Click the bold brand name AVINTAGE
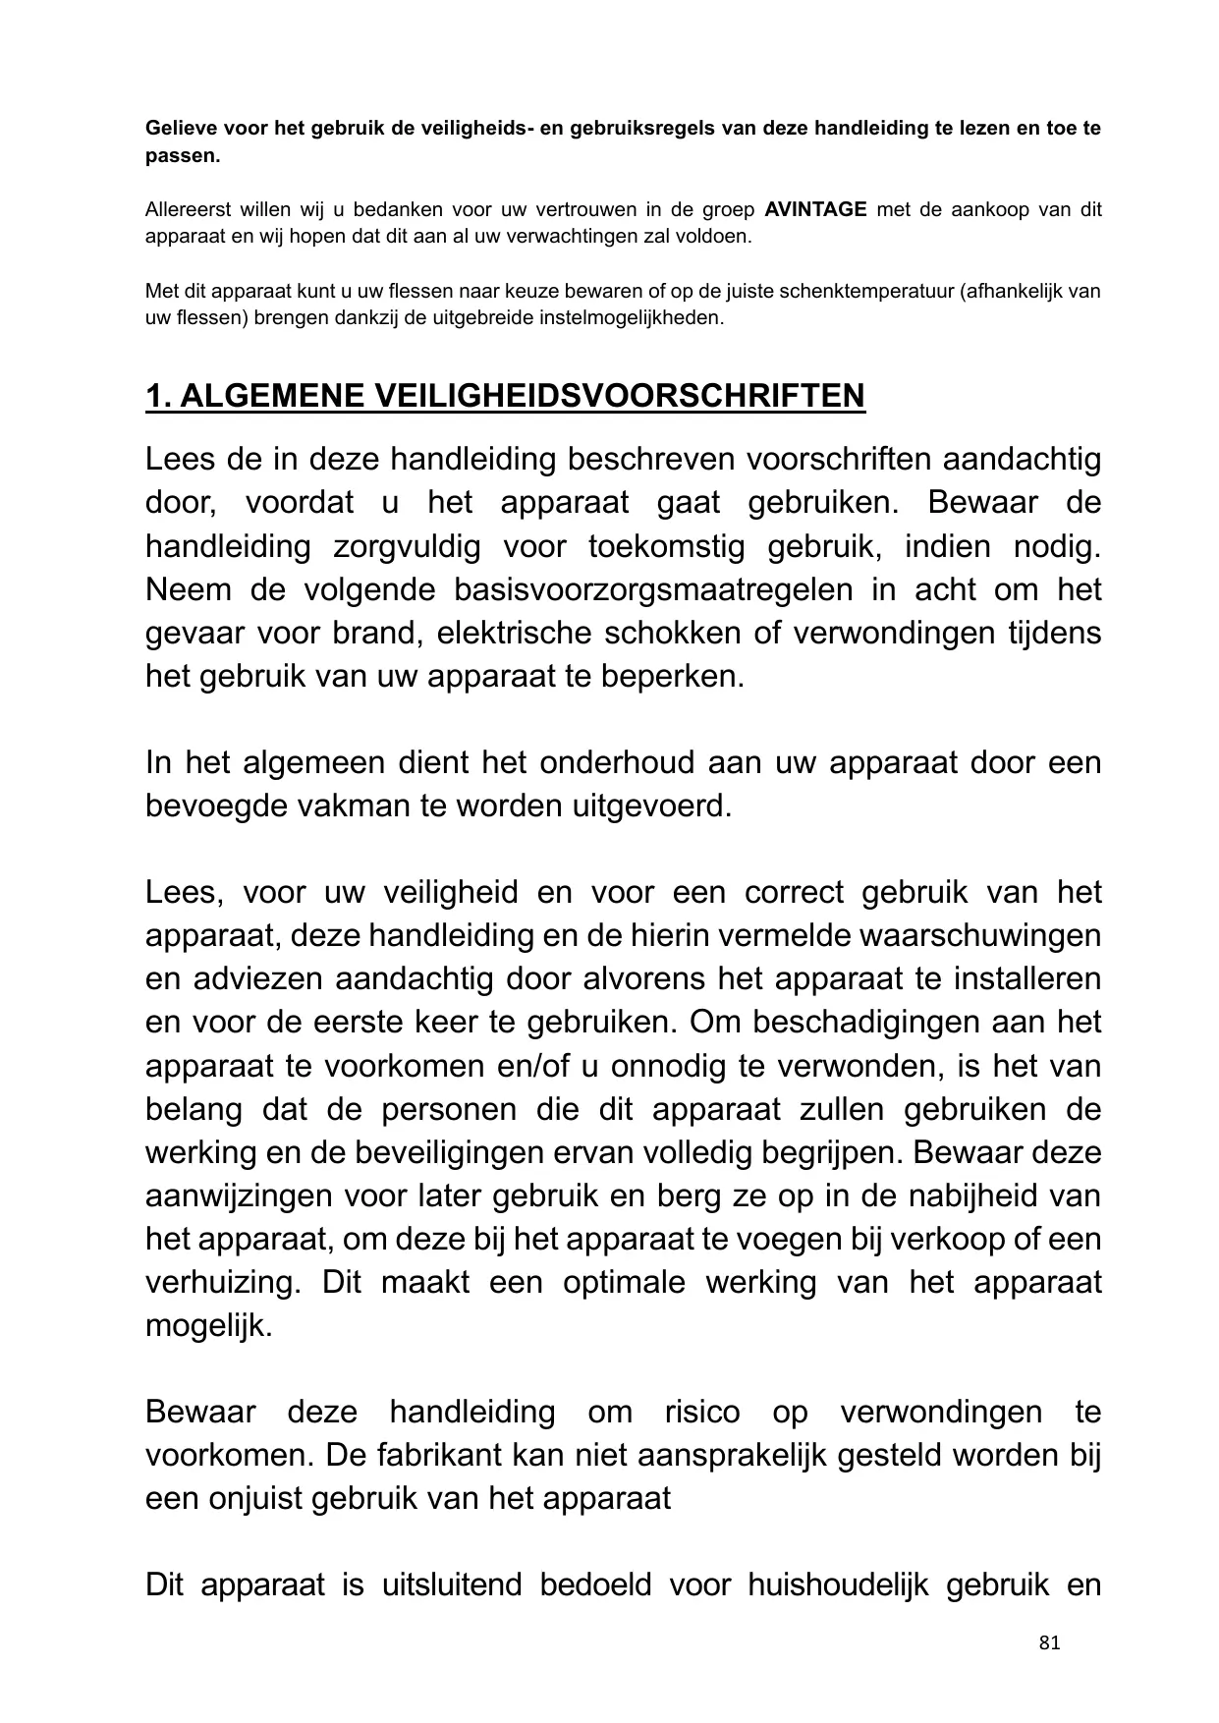pyautogui.click(x=814, y=209)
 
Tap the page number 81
pyautogui.click(x=1049, y=1642)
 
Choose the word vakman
pyautogui.click(x=362, y=806)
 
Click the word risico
pyautogui.click(x=701, y=1412)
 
